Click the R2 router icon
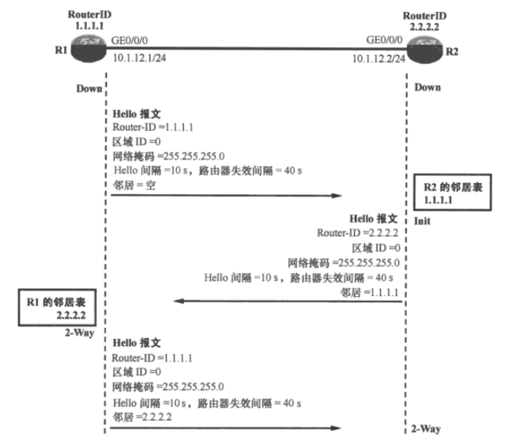tap(426, 49)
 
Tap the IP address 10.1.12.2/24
tap(378, 57)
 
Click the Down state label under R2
tap(428, 87)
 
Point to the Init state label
tap(422, 222)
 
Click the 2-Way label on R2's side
tap(426, 429)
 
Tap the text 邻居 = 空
tap(134, 185)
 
